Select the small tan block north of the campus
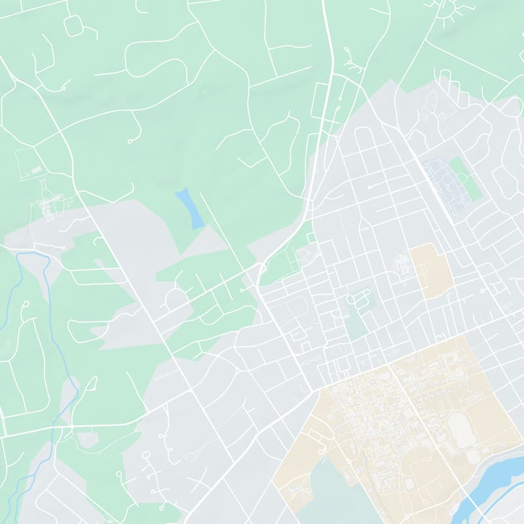click(431, 270)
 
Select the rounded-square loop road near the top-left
click(73, 26)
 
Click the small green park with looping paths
click(357, 308)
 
